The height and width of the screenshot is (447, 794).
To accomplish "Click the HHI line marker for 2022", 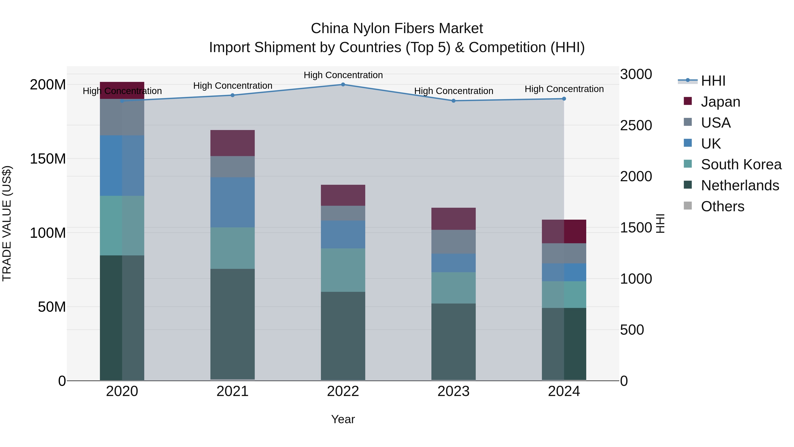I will [343, 85].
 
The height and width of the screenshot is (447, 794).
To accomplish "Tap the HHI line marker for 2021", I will [232, 95].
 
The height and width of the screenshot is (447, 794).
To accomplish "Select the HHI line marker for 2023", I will [453, 101].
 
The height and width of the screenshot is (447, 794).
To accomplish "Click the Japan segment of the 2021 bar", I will [232, 143].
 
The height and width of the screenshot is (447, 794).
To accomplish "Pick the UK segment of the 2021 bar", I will [232, 202].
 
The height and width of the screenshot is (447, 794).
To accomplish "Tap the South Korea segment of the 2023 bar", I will [453, 288].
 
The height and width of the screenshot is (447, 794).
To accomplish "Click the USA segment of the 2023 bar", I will [453, 242].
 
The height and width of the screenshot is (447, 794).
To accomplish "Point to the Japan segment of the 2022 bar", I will [343, 195].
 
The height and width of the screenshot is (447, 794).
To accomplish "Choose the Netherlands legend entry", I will [740, 185].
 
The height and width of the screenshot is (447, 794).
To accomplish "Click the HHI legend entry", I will [713, 81].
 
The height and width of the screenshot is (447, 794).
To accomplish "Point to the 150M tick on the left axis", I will [48, 159].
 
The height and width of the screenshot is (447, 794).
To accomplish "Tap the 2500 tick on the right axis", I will [636, 126].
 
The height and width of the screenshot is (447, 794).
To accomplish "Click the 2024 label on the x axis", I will [564, 391].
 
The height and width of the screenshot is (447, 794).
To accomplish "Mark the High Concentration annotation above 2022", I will [343, 75].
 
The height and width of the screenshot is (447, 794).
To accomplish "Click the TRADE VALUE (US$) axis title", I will [7, 224].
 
